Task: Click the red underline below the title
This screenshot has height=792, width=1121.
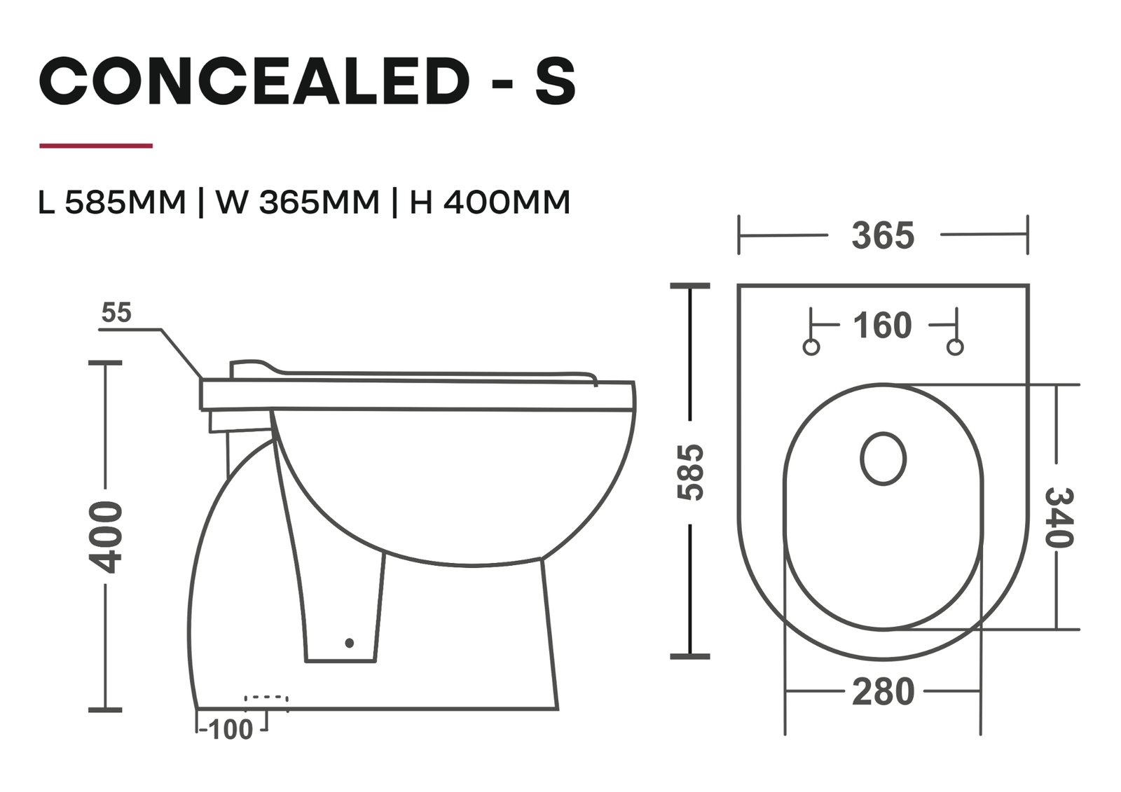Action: click(96, 146)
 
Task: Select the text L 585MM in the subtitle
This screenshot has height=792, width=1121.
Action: click(112, 202)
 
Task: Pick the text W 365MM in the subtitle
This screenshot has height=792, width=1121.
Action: click(297, 202)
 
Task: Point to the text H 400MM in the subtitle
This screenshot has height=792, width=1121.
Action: click(490, 202)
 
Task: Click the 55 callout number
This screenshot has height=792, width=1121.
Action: click(116, 313)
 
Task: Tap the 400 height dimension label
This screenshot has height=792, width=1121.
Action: click(108, 537)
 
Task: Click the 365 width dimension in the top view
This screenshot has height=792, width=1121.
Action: click(883, 236)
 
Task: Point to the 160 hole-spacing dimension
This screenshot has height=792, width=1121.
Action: click(882, 326)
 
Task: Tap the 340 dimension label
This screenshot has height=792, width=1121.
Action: click(1058, 518)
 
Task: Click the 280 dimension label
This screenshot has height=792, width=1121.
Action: click(883, 692)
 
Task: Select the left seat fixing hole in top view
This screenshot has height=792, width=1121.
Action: click(811, 347)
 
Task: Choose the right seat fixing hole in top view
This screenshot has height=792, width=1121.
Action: click(955, 347)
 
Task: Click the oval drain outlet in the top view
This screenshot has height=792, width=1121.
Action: click(883, 459)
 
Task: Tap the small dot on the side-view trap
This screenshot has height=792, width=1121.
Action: click(350, 643)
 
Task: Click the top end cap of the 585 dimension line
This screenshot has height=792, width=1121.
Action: click(690, 286)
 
